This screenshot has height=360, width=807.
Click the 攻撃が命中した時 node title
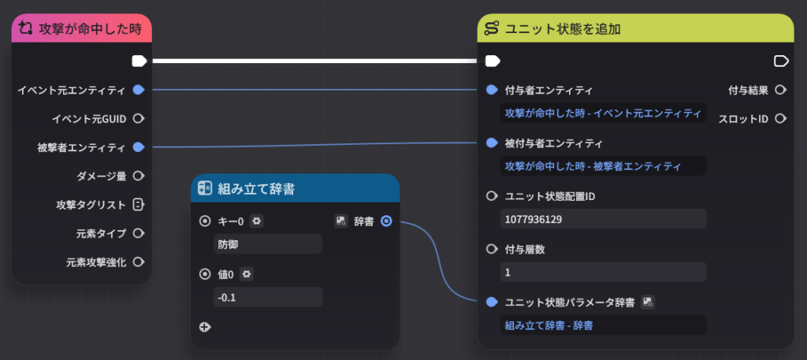click(90, 29)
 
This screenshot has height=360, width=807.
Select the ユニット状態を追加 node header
click(636, 28)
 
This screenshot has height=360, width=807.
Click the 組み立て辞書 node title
click(256, 189)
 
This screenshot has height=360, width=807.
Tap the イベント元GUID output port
click(139, 119)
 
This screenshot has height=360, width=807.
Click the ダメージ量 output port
click(139, 176)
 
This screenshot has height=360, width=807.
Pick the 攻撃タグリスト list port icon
click(138, 205)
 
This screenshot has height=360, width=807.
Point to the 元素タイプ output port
click(139, 233)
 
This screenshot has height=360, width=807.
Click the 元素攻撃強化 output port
click(139, 262)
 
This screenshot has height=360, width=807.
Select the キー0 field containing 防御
click(268, 244)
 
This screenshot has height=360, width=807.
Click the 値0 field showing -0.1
click(268, 297)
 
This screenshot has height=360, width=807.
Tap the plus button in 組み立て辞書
click(205, 327)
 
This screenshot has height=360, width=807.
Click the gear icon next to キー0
click(257, 221)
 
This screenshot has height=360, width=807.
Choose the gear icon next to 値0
click(247, 275)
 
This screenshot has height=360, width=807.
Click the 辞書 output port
click(386, 221)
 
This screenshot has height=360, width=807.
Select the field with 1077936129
click(603, 219)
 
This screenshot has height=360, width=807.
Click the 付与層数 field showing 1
click(603, 272)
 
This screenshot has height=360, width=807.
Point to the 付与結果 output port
click(781, 90)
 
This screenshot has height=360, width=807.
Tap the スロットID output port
click(781, 119)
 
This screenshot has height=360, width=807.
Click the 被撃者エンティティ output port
click(139, 147)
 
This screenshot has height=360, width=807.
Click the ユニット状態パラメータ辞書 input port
click(492, 302)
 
